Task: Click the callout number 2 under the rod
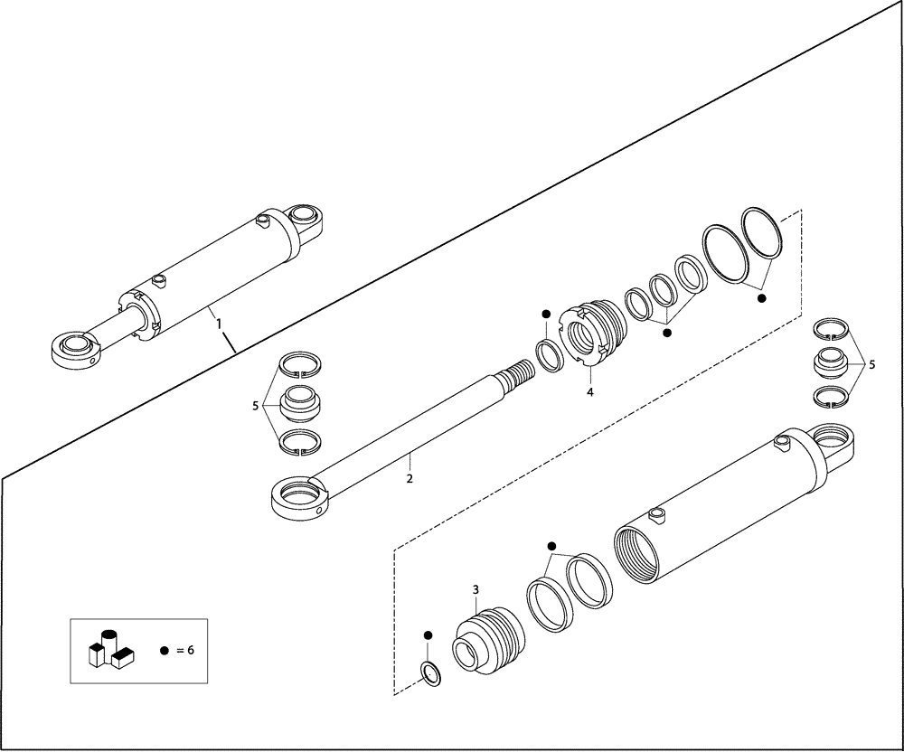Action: coord(410,478)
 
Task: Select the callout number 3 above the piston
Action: coord(476,590)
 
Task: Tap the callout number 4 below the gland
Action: coord(589,392)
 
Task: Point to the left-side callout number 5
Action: coord(256,406)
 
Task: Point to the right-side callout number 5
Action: coord(871,365)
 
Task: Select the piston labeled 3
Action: coord(488,641)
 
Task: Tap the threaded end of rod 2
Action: coord(514,372)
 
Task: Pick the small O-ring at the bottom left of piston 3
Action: coord(431,673)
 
